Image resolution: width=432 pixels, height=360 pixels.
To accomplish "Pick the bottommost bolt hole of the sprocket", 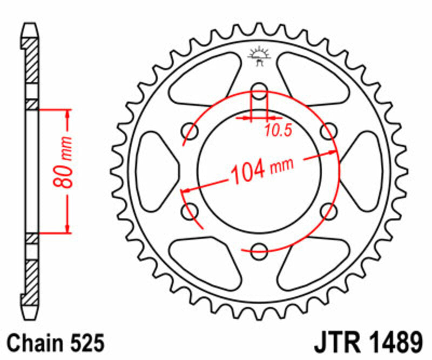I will [260, 249].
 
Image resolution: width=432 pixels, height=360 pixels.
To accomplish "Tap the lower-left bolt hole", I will [191, 210].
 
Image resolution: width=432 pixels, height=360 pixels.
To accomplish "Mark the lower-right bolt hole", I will [328, 210].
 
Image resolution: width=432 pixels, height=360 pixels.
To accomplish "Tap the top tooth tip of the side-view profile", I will [31, 25].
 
